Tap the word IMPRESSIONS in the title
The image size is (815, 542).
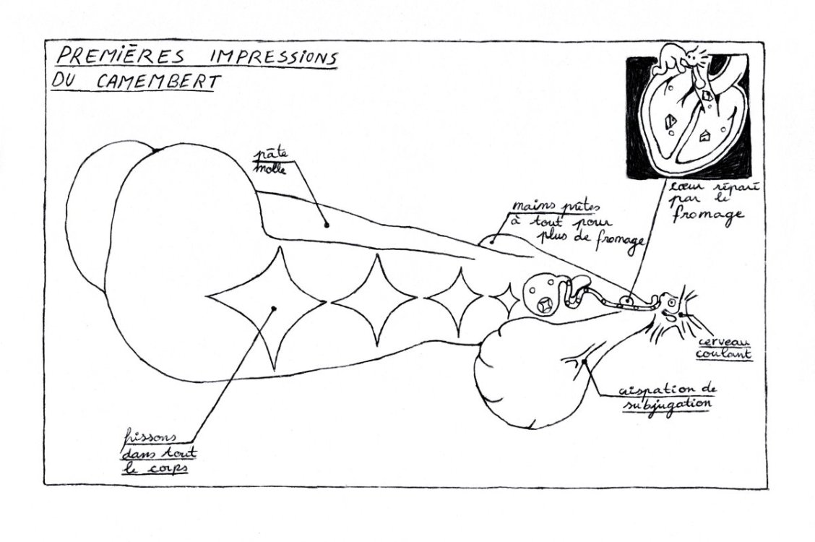pos(267,58)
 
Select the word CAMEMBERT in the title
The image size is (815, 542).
pos(156,82)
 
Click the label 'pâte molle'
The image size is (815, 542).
pos(272,163)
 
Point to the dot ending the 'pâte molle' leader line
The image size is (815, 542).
pos(327,225)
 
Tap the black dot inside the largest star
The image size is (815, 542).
pos(274,309)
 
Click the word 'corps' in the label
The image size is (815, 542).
pos(171,468)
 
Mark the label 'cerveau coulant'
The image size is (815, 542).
pos(724,348)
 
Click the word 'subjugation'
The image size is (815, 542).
pos(666,405)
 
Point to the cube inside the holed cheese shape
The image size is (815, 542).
pos(546,305)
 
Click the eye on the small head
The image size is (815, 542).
pos(671,302)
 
